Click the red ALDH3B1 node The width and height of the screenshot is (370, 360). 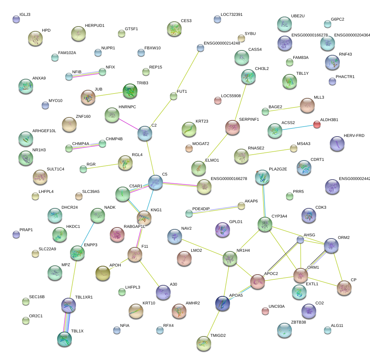317,124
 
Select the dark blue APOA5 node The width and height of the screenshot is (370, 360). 223,303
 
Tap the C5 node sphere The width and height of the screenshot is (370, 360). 156,182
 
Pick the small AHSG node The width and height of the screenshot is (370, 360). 301,240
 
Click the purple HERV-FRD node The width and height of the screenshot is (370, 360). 337,144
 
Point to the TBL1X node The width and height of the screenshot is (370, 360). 64,339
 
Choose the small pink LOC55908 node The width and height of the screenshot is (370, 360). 218,100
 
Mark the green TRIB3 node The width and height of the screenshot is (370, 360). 130,91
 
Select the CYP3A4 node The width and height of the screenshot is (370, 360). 265,224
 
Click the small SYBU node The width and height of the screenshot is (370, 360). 241,38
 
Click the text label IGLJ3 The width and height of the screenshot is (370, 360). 25,15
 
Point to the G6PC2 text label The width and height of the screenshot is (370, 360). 337,19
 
